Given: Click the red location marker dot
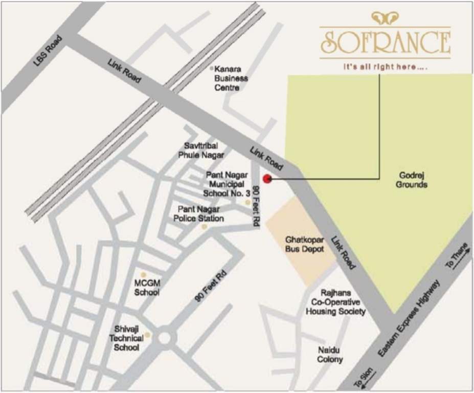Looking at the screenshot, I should (266, 179).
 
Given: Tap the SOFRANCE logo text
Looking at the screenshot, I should (386, 43).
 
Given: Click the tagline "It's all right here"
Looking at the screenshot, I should (385, 67).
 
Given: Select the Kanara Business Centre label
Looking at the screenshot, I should (231, 78).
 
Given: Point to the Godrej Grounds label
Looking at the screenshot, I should (412, 180).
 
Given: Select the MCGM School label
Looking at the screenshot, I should (147, 288).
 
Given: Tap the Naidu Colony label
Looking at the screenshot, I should (330, 354).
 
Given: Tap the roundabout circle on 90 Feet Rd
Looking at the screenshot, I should (165, 337).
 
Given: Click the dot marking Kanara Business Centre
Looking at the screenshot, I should (212, 68).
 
